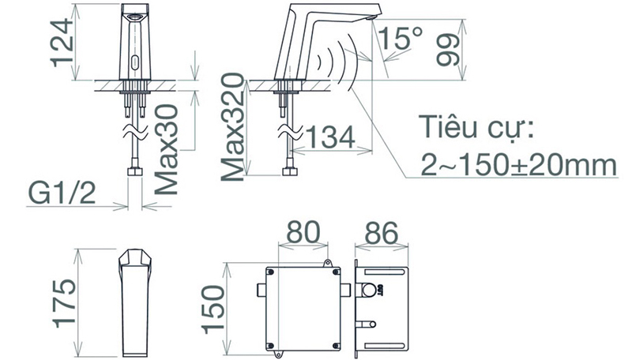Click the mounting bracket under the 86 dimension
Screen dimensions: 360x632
pyautogui.click(x=383, y=306)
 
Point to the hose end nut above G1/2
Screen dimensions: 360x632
pyautogui.click(x=134, y=171)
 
